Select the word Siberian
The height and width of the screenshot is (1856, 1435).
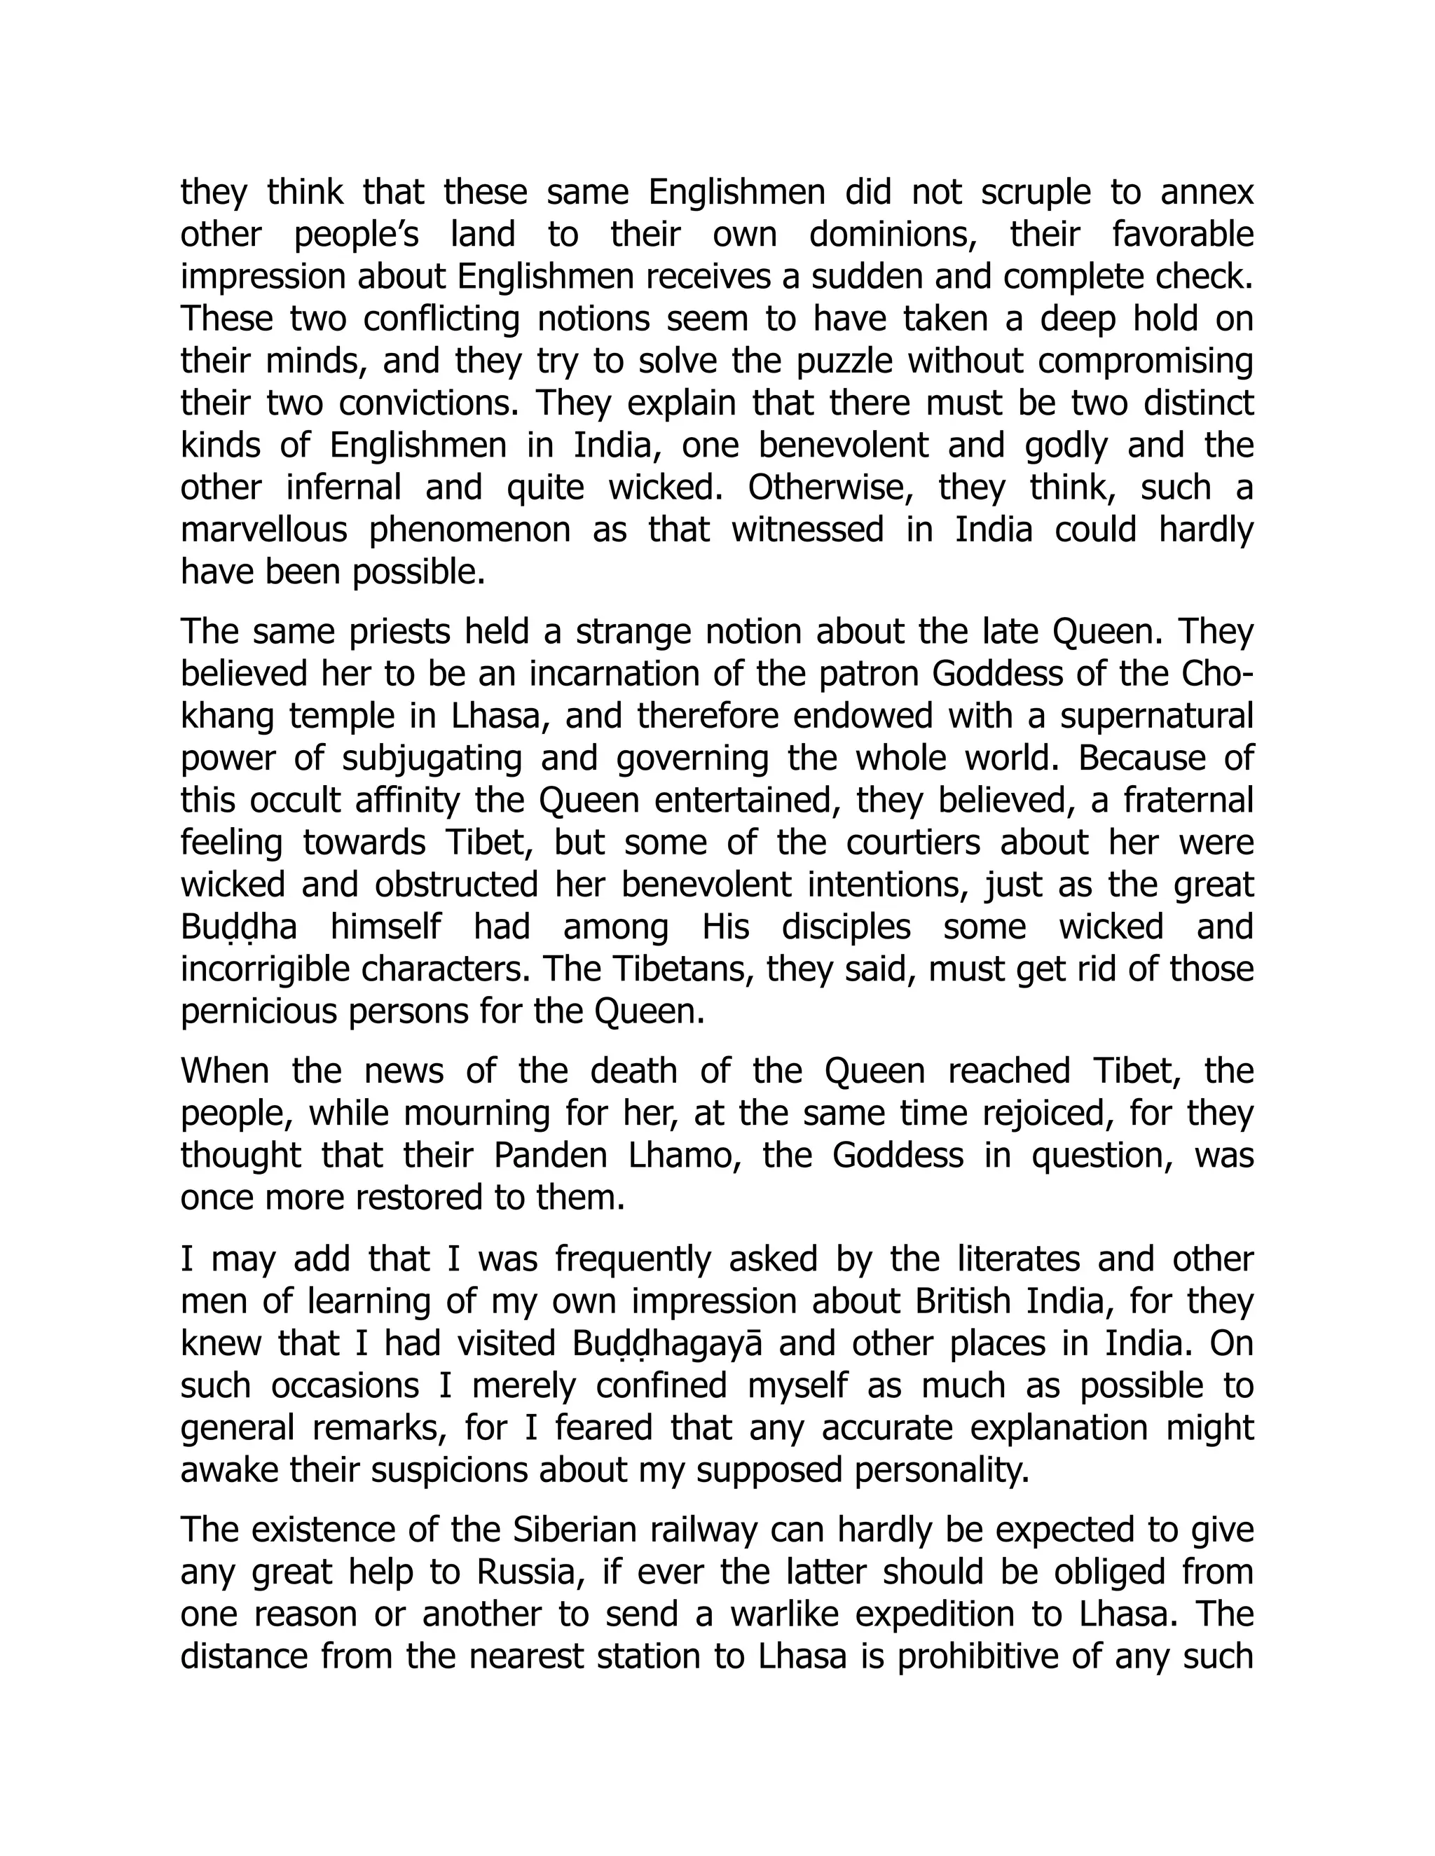click(x=575, y=1530)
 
